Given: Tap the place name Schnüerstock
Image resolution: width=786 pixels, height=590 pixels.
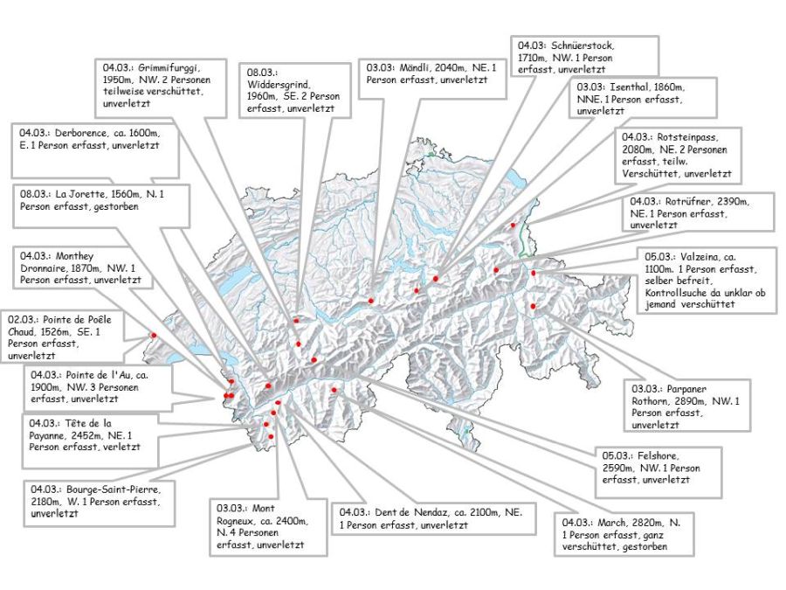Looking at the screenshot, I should [582, 45].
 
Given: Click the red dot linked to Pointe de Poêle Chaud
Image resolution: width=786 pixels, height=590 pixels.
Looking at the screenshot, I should [154, 334].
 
